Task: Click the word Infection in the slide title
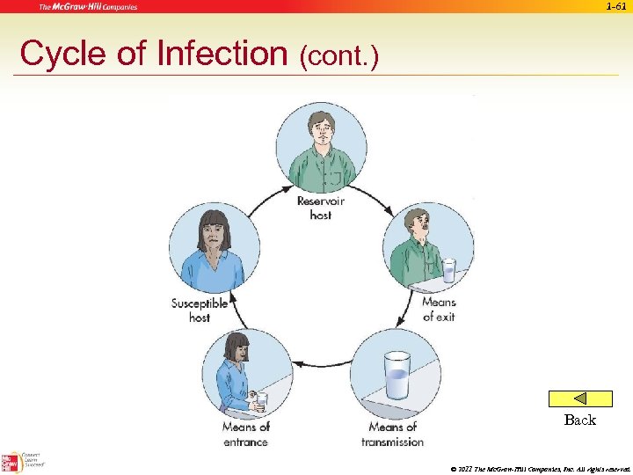[222, 54]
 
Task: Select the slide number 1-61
[616, 7]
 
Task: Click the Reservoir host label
[321, 208]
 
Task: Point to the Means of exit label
[439, 309]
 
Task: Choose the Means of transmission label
[392, 435]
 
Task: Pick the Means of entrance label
[245, 435]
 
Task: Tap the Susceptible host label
[200, 310]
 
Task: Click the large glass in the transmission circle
[397, 376]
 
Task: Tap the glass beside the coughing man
[449, 270]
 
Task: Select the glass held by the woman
[261, 400]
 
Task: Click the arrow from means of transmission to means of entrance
[321, 363]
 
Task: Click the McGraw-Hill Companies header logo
[87, 7]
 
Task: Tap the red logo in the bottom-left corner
[11, 462]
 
